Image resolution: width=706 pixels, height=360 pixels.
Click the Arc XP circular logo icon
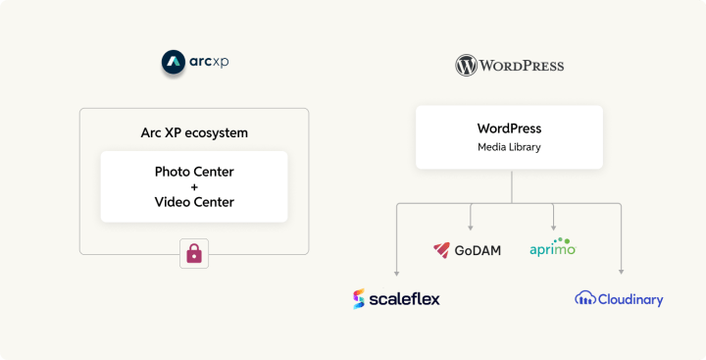click(173, 63)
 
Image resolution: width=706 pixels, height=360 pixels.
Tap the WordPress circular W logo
click(466, 66)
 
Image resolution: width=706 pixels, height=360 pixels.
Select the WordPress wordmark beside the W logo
click(522, 66)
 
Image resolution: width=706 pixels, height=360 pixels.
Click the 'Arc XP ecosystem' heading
click(193, 132)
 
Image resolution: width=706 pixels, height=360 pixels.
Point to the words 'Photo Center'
click(194, 172)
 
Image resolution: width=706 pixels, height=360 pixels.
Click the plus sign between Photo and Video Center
click(194, 186)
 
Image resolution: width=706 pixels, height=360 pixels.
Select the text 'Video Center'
click(194, 202)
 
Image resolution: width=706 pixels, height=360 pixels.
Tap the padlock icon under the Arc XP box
click(194, 254)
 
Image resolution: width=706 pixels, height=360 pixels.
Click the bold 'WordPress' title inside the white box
click(509, 129)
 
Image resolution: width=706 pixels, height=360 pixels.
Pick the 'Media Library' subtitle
click(509, 147)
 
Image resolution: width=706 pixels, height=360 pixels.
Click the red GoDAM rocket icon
click(442, 250)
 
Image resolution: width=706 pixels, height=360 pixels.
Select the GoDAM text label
click(478, 250)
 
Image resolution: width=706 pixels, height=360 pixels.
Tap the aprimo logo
click(552, 247)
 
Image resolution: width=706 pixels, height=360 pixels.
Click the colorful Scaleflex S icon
click(359, 299)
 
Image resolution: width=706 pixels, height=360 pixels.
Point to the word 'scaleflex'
click(405, 298)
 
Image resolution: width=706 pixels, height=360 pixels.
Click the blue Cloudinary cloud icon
click(585, 298)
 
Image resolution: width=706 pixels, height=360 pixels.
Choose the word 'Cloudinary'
click(630, 299)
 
